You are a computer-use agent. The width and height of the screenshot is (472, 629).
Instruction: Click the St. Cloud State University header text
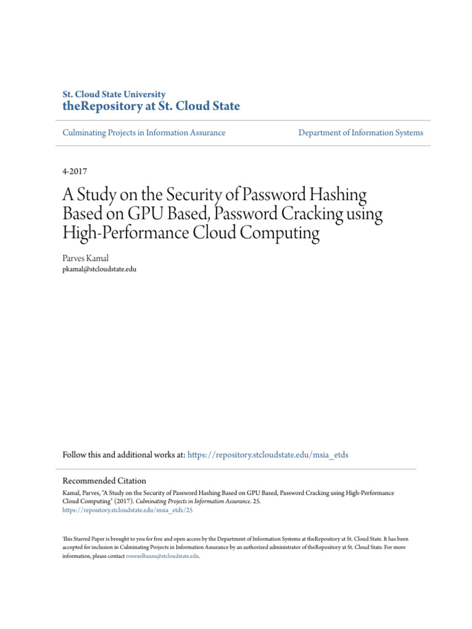click(x=114, y=95)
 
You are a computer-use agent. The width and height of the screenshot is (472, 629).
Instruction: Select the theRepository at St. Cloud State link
click(x=151, y=107)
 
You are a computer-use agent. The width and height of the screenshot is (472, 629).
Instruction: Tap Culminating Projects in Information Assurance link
click(x=144, y=133)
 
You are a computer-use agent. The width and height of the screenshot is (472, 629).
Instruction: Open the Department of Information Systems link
click(x=361, y=133)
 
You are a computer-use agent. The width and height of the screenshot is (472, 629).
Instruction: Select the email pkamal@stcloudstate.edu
click(x=100, y=269)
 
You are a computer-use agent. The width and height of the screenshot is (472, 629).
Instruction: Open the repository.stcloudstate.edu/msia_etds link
click(x=268, y=455)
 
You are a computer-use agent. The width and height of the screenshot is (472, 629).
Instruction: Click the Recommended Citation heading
click(x=104, y=481)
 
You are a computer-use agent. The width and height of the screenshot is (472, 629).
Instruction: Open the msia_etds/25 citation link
click(x=128, y=510)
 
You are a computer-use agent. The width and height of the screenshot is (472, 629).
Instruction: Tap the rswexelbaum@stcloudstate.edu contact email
click(x=163, y=555)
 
